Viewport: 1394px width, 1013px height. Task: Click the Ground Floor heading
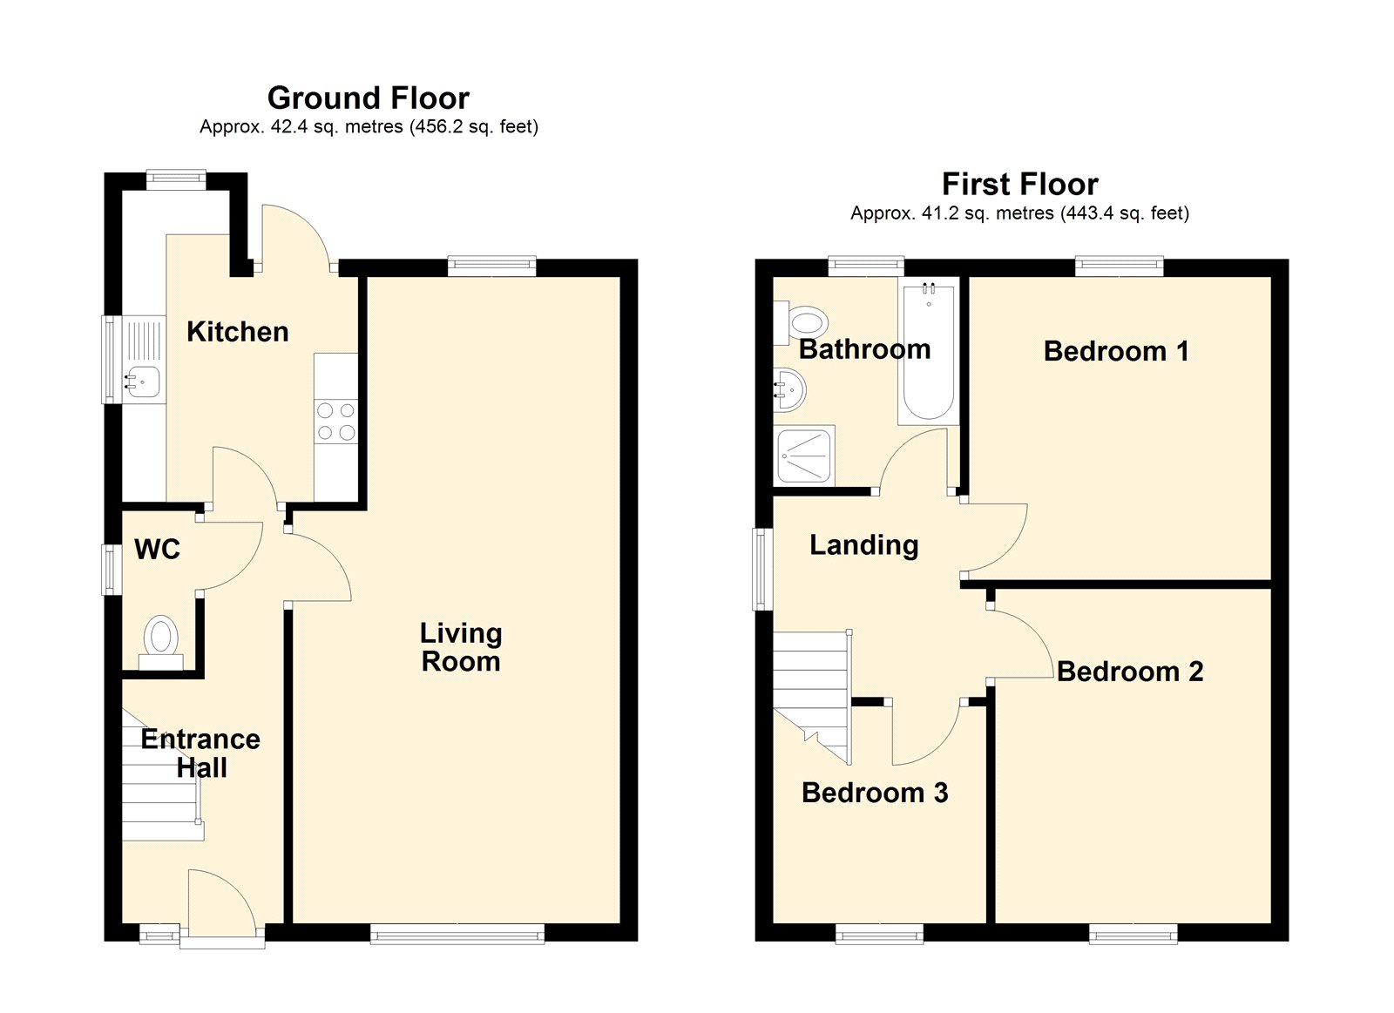click(368, 98)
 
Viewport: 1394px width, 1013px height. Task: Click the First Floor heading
click(1020, 184)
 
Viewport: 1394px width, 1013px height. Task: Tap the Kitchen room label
click(238, 332)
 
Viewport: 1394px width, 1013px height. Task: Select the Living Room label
click(461, 647)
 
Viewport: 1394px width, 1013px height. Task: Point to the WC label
click(158, 549)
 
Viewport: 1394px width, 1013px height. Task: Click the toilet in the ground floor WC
click(161, 642)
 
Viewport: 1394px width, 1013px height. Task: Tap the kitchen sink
click(143, 382)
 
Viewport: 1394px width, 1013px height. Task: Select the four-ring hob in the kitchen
click(336, 421)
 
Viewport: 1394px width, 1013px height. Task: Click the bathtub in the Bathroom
click(929, 352)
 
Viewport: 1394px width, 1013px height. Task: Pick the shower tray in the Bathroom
click(806, 456)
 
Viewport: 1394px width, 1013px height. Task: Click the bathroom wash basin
click(789, 391)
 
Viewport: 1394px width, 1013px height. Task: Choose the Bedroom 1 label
click(1116, 351)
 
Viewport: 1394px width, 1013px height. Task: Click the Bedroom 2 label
click(1130, 672)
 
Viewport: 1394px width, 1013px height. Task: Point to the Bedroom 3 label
click(875, 793)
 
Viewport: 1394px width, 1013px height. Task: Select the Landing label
click(863, 545)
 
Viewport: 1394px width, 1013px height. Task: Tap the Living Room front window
click(457, 934)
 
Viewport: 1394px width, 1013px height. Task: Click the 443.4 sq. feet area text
click(1125, 213)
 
